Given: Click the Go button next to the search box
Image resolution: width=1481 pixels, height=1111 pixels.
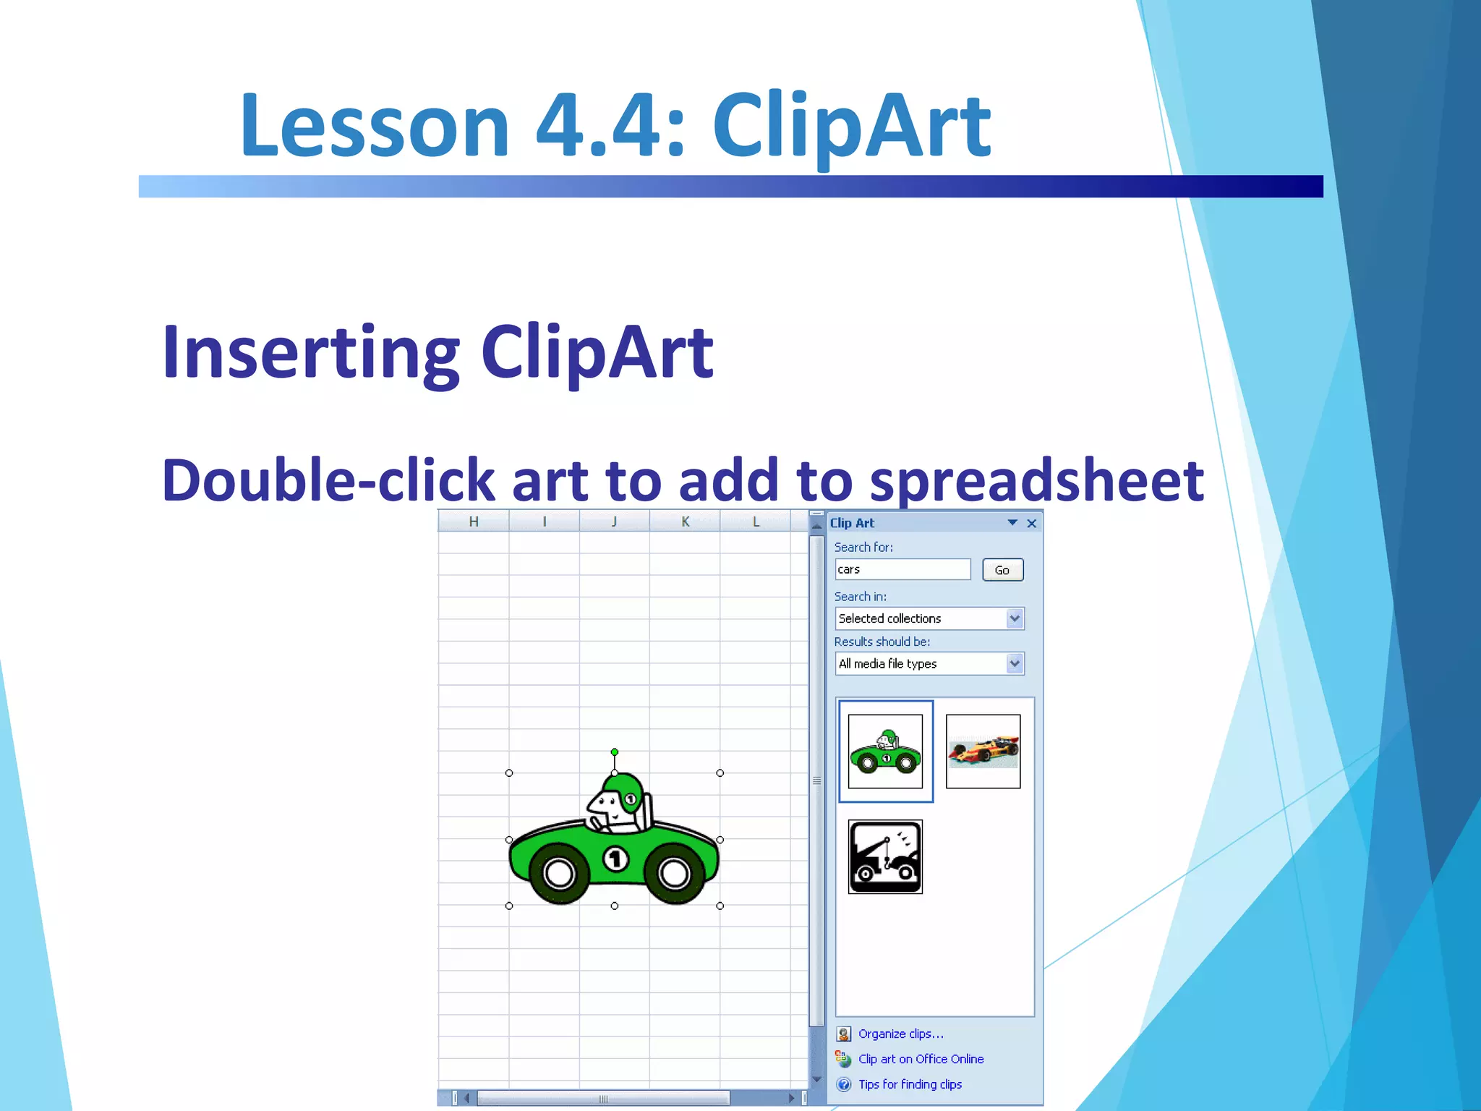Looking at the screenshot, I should tap(1002, 570).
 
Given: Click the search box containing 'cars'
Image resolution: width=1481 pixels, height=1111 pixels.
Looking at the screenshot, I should tap(902, 569).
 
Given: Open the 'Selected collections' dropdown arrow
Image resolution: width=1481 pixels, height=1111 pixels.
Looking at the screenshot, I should tap(1015, 618).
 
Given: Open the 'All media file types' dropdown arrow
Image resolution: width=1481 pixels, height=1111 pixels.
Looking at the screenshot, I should tap(1015, 663).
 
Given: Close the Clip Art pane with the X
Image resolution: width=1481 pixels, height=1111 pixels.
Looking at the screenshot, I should tap(1032, 523).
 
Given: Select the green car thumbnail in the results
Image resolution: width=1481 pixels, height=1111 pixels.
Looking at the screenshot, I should tap(885, 752).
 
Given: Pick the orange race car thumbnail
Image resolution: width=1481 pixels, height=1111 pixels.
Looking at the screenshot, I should tap(983, 752).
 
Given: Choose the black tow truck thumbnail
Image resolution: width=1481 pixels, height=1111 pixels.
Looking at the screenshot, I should tap(885, 857).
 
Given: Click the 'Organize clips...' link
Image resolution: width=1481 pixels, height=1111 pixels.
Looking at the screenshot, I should tap(900, 1034).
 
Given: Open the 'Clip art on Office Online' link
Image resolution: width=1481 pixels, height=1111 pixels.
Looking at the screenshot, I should tap(921, 1059).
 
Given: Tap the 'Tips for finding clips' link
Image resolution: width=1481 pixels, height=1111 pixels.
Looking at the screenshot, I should tap(910, 1084).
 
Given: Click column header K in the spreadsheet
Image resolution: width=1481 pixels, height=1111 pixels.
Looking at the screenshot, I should tap(685, 522).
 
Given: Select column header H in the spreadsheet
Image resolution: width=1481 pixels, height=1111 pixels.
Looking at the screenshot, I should tap(474, 522).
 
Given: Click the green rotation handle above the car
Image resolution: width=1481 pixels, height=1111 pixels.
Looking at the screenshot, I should tap(615, 752).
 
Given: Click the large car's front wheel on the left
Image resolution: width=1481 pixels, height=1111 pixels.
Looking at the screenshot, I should tap(559, 873).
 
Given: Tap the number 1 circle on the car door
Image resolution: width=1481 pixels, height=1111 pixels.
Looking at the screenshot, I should tap(615, 859).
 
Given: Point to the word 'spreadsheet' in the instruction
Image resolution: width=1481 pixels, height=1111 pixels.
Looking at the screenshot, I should tap(1036, 481).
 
